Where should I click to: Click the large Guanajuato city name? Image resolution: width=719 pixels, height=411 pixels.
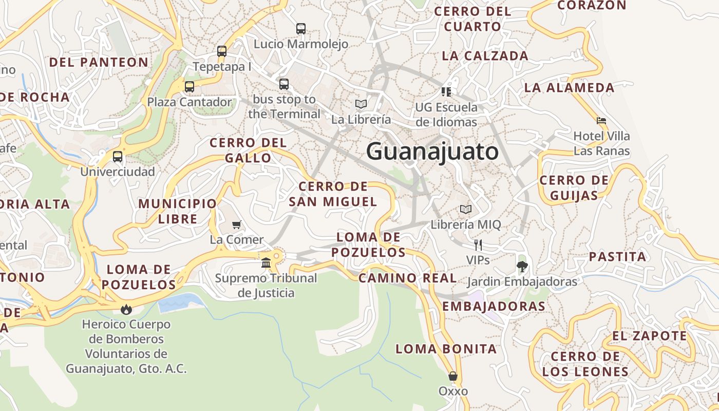pos(432,152)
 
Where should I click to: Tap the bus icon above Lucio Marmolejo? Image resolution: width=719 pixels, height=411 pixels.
pos(301,29)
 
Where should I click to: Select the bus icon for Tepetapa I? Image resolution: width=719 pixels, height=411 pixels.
pos(222,51)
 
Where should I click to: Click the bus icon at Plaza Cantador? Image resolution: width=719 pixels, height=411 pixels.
pos(190,87)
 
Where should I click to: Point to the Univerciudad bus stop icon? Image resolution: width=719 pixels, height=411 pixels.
pos(118,157)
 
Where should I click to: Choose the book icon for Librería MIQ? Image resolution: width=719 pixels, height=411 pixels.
pos(466,210)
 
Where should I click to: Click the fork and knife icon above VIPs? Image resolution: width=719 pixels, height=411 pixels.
pos(478,245)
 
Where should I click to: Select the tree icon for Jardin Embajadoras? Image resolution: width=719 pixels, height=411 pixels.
pos(522,266)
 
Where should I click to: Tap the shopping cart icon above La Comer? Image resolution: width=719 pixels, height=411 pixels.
pos(237,225)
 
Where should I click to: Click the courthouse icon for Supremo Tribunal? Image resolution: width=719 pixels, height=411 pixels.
pos(266,263)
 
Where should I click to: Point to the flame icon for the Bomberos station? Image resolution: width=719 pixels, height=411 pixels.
pos(126,309)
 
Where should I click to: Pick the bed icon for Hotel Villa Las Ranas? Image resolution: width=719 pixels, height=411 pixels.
pos(601,121)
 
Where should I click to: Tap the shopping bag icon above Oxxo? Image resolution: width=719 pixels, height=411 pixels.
pos(453,376)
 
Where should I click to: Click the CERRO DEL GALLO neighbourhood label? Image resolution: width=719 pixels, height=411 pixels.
pos(248,150)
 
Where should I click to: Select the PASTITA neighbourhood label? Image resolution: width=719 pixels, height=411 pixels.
pos(617,257)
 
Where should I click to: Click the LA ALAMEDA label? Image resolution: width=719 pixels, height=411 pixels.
pos(569,88)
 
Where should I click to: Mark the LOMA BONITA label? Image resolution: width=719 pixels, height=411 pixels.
pos(446,349)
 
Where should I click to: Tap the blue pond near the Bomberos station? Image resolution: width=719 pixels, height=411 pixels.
pos(177,303)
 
